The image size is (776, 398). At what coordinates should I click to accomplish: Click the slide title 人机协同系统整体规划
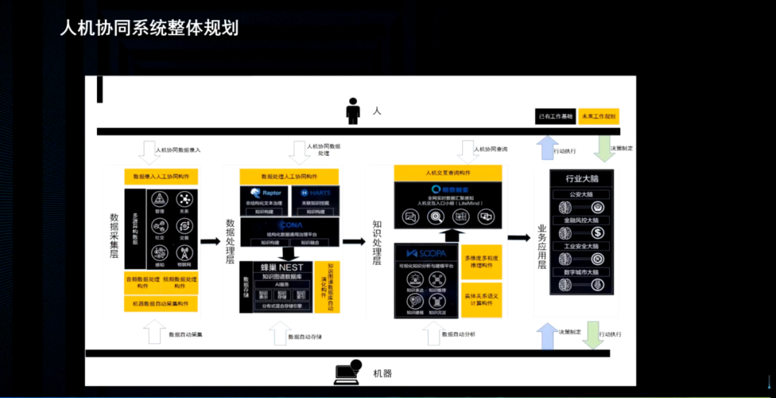149,29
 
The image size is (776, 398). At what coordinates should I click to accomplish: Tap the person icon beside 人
353,111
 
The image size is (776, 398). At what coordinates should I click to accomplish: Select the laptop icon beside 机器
349,371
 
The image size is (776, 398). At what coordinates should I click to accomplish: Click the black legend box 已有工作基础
555,116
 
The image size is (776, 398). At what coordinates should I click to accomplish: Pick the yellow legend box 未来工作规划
598,116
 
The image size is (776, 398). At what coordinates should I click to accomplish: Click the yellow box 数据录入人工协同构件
161,177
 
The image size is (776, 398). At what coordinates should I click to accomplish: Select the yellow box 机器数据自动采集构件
161,303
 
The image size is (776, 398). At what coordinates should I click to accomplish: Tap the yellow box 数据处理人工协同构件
290,177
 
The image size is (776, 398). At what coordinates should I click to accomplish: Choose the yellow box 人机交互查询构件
448,173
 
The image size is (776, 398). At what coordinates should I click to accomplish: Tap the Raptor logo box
266,193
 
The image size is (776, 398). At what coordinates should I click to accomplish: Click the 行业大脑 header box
583,179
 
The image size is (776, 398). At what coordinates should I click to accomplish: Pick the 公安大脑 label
583,195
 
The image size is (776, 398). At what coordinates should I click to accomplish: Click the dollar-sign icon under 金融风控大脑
598,233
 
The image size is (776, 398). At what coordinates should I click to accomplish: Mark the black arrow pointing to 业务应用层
518,238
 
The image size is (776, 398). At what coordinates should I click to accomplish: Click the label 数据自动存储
305,335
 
